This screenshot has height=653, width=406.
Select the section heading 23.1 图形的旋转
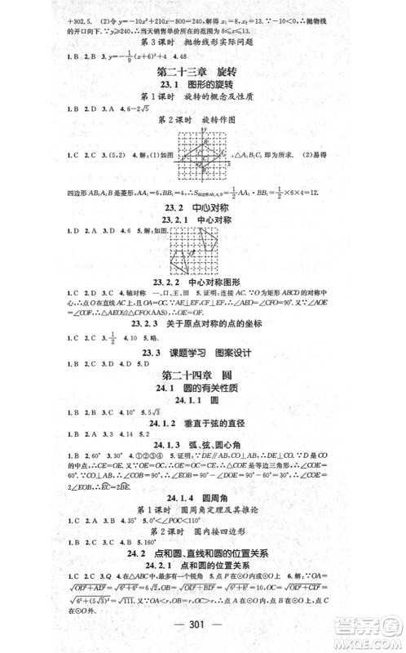(x=203, y=91)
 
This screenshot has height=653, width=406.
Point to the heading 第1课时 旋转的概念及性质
(x=203, y=105)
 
